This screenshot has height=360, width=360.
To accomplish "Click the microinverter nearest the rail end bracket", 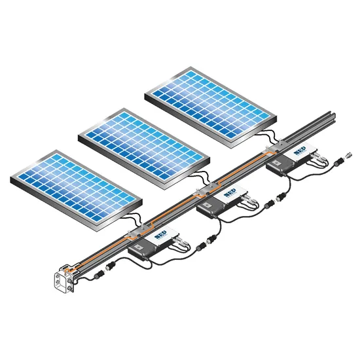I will [x=153, y=245].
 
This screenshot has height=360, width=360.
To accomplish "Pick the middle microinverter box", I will [x=222, y=203].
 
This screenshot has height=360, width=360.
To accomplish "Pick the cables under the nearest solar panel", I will [x=131, y=219].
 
